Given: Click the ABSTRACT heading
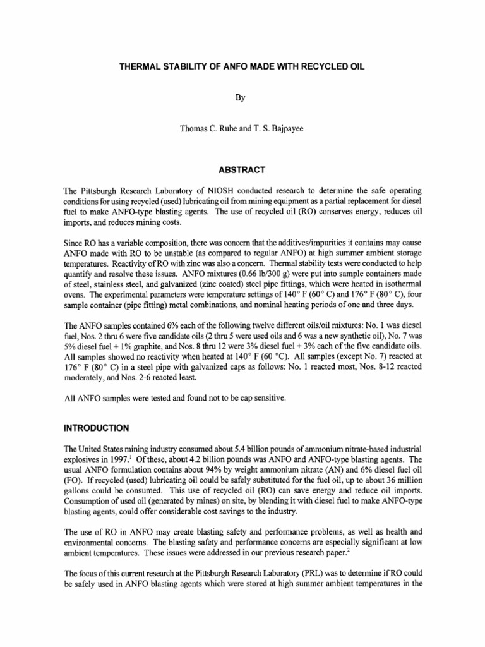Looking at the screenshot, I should coord(242,169).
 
